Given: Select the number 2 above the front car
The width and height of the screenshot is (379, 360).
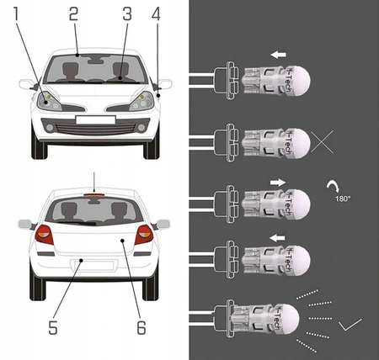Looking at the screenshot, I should click(x=74, y=14).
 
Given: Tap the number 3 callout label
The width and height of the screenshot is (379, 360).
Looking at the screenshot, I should click(x=126, y=14).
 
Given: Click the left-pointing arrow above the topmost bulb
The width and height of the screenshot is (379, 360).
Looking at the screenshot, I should click(x=278, y=56).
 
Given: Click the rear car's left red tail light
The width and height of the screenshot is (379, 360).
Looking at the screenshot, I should click(x=44, y=235).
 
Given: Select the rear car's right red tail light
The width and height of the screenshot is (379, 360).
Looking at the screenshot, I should click(x=144, y=234).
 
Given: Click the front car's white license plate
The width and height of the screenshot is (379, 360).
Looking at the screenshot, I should click(x=93, y=120).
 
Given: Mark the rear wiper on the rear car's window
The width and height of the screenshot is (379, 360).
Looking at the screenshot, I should click(x=80, y=223).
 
